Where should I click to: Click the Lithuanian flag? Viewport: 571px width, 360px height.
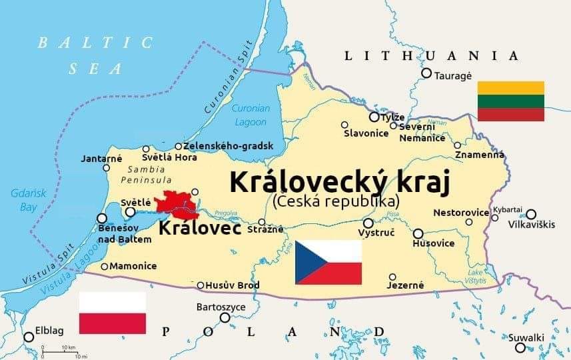coord(511,101)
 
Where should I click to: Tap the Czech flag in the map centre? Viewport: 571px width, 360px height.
coord(328,262)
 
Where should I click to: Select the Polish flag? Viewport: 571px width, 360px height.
coord(113,312)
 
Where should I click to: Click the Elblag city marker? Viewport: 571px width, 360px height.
coord(29,337)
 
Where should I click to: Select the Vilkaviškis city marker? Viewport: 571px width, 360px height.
coord(531,214)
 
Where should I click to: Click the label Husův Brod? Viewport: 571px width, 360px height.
coord(232,285)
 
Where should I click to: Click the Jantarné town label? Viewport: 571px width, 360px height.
coord(101,159)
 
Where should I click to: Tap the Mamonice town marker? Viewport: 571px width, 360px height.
coord(105,267)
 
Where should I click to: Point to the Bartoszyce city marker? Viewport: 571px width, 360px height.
coord(225,317)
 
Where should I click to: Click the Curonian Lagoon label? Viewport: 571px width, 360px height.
coord(251,115)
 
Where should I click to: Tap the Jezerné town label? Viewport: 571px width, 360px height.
coord(405,285)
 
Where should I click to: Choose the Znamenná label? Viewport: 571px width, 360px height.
coord(480,155)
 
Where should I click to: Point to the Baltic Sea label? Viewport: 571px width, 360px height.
coord(95,55)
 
